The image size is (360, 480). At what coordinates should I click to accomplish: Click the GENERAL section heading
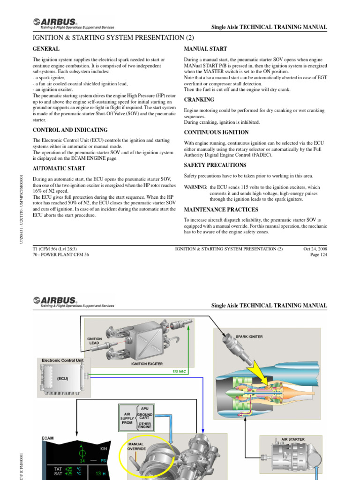(46, 49)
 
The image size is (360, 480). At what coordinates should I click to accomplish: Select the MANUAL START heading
(205, 49)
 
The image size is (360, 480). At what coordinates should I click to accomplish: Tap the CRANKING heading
(199, 100)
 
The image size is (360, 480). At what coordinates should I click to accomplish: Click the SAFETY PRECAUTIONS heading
(215, 165)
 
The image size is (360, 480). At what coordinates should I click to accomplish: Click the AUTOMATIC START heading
(59, 168)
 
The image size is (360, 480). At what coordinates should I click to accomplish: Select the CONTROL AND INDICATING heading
(70, 130)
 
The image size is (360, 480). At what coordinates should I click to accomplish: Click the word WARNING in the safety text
(195, 187)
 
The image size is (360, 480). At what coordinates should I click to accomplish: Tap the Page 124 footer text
(319, 255)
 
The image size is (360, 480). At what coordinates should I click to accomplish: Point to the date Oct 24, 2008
(315, 248)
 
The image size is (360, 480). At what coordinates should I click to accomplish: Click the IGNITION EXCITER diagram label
(147, 363)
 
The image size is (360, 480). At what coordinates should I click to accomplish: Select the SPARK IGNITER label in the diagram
(249, 337)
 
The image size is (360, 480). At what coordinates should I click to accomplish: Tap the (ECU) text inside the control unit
(63, 377)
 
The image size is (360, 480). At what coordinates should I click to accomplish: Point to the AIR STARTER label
(292, 439)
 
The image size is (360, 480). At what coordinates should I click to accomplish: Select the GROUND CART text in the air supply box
(145, 416)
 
